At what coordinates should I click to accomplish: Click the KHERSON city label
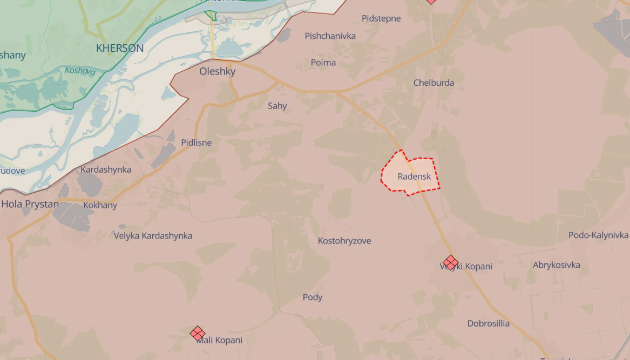coord(120,48)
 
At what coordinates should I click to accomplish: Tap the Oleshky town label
coord(218,71)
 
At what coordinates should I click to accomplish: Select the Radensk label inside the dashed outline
coord(414,176)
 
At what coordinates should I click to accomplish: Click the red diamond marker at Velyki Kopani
coord(450,262)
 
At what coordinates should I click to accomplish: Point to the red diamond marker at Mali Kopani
coord(198,333)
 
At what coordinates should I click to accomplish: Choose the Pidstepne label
coord(381,18)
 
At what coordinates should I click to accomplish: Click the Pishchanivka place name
coord(330,36)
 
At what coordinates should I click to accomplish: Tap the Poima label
coord(323,63)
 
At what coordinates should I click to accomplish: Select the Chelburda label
coord(433,83)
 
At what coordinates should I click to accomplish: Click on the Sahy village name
coord(277,106)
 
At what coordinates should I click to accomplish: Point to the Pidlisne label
coord(196,143)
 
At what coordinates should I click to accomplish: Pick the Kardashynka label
coord(106,169)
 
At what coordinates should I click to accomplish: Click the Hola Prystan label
coord(30,204)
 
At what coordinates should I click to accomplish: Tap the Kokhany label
coord(100,205)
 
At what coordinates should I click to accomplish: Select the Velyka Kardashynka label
coord(153,236)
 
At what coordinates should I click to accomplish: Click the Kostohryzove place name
coord(344,241)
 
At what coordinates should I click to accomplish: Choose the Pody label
coord(313,297)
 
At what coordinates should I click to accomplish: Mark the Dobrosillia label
coord(488,324)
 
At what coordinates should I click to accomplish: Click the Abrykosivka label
coord(556,265)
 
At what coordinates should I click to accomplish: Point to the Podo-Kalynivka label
coord(598,235)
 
